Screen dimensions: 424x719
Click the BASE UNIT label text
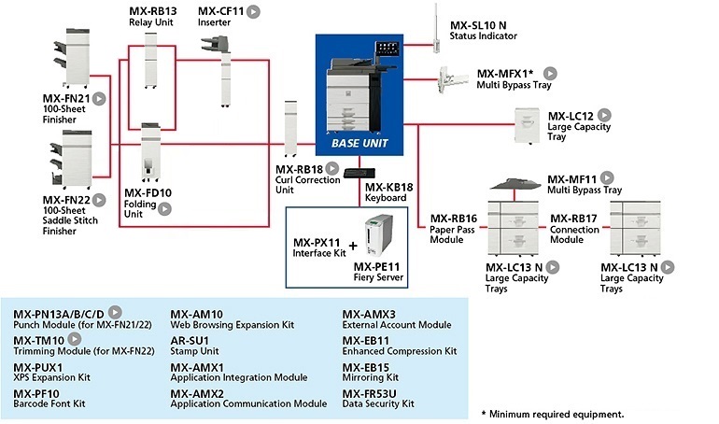[x=359, y=144]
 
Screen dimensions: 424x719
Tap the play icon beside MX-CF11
[x=254, y=12]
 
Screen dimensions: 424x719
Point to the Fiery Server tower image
[x=377, y=236]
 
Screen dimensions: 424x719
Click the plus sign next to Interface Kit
[x=352, y=247]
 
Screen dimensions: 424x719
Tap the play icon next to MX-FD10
[x=164, y=209]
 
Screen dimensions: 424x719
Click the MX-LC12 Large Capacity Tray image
[x=529, y=126]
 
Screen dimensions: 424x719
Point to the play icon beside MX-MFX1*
[x=551, y=73]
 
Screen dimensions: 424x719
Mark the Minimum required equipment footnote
[x=552, y=413]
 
